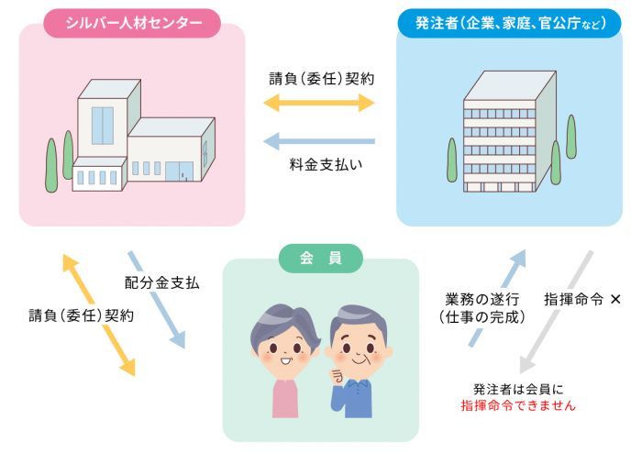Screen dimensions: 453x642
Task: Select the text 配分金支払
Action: tap(163, 282)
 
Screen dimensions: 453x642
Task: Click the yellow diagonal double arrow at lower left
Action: tap(97, 314)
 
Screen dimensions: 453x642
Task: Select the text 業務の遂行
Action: tap(484, 299)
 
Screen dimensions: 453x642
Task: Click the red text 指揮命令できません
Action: tap(517, 404)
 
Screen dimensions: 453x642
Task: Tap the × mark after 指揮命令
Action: tap(615, 299)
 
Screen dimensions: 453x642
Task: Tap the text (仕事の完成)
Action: tap(483, 318)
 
